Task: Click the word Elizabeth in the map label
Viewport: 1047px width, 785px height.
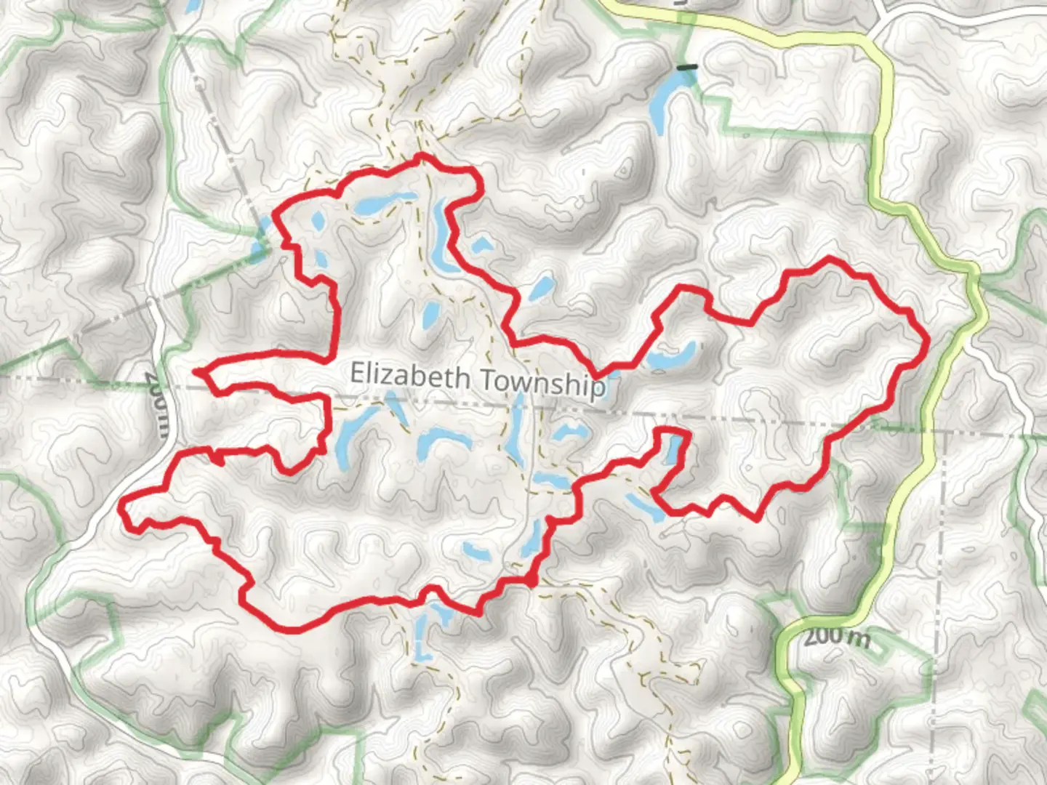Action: [410, 377]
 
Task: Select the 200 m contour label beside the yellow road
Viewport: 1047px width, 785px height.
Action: [837, 637]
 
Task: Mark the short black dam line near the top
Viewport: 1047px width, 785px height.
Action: [686, 68]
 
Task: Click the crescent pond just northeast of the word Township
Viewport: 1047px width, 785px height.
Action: [673, 357]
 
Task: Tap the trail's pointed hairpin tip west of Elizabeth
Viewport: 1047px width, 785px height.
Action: [197, 372]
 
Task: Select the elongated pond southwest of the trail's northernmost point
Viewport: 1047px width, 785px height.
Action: [378, 204]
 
